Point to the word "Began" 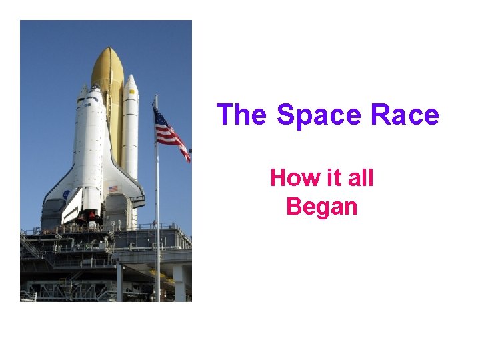(321, 207)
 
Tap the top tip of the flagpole (156, 96)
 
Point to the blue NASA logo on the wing (66, 195)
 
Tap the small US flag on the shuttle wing (113, 189)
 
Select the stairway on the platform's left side (31, 250)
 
